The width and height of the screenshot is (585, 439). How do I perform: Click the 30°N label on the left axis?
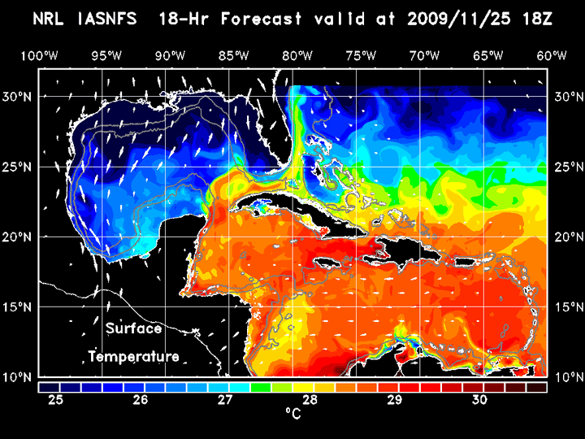[x=19, y=96]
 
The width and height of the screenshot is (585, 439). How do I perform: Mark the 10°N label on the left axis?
[x=19, y=377]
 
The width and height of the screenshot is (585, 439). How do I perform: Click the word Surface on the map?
[x=134, y=329]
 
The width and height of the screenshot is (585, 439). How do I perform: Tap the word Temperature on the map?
[x=134, y=356]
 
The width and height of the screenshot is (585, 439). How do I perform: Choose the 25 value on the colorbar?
[x=56, y=400]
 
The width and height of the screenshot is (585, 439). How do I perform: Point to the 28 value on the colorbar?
[x=310, y=400]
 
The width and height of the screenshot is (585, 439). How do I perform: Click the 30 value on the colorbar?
[x=479, y=400]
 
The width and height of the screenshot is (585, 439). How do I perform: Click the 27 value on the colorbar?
[x=225, y=400]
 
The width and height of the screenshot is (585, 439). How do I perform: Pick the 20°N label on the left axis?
[x=19, y=237]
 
